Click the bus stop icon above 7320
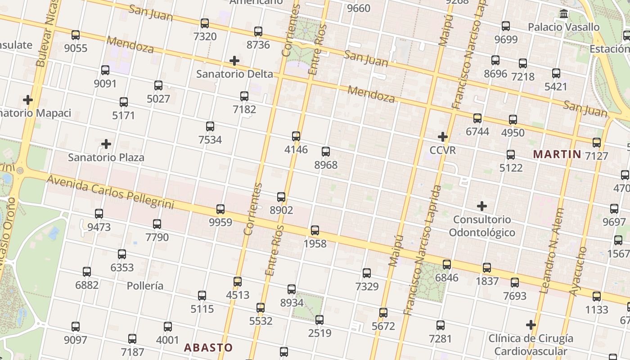click(205, 23)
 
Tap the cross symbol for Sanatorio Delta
click(234, 61)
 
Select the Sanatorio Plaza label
click(106, 157)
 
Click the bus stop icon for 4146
click(296, 136)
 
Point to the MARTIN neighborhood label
click(557, 154)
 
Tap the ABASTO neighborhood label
click(208, 347)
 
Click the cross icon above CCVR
click(443, 136)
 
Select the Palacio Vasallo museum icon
click(563, 14)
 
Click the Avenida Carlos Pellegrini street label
click(110, 192)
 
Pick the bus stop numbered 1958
click(315, 230)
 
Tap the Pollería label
click(145, 286)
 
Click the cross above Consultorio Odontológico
click(482, 206)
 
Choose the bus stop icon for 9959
click(220, 209)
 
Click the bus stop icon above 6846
click(446, 264)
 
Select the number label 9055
click(76, 48)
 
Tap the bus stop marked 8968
click(326, 152)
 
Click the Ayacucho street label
click(578, 271)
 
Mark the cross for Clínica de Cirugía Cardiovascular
click(531, 324)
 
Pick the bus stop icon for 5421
click(556, 73)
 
